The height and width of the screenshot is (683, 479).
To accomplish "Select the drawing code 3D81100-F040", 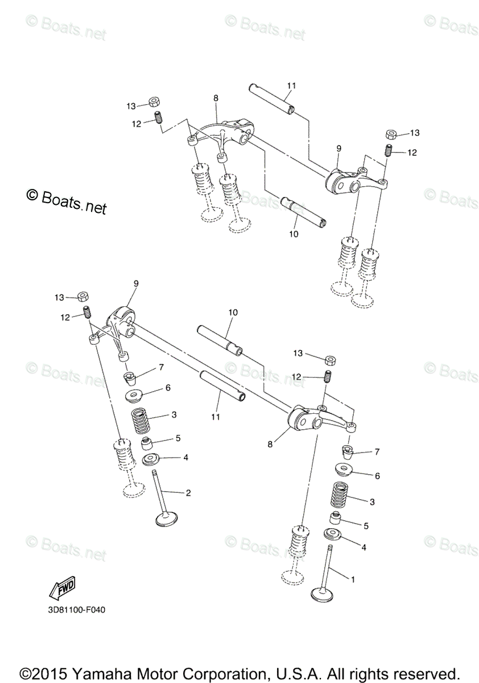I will click(73, 611).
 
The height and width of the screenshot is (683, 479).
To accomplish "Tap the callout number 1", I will click(353, 579).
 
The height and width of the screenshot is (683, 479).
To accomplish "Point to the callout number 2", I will click(188, 492).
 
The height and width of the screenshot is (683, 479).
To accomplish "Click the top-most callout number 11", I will click(291, 85).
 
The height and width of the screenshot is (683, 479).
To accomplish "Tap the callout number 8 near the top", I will click(216, 98).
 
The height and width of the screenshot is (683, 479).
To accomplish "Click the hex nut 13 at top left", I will click(154, 103).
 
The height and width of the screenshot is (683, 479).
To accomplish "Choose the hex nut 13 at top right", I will click(392, 134).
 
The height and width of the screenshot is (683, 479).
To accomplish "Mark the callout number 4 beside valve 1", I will click(363, 546).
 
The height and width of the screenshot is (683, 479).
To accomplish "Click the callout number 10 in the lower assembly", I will click(233, 312).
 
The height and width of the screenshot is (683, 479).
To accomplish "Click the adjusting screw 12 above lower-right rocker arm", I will click(328, 377).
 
